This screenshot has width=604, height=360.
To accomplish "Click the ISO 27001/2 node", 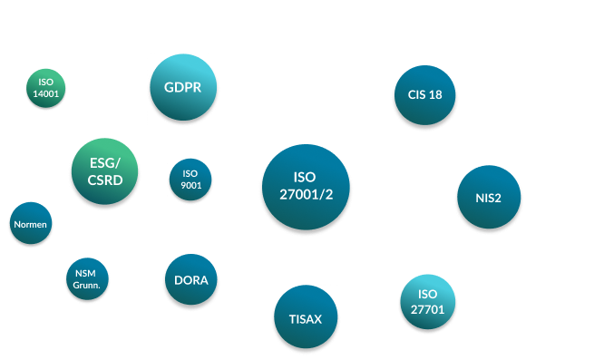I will (305, 187).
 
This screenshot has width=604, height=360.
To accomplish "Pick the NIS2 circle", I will (488, 197).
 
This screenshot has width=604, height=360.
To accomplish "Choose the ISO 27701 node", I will (428, 301).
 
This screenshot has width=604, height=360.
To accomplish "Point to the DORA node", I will (190, 280).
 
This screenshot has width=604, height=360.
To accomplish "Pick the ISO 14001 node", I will (46, 87).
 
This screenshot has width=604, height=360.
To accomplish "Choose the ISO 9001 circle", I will (190, 180).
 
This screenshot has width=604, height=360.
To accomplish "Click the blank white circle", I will (292, 53).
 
